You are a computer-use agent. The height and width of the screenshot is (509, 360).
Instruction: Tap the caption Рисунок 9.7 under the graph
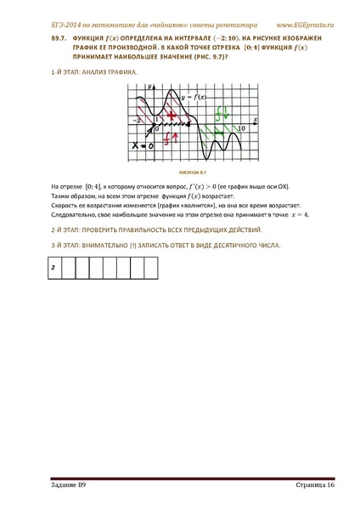click(x=179, y=171)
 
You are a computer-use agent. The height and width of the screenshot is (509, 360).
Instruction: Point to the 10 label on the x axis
click(x=241, y=127)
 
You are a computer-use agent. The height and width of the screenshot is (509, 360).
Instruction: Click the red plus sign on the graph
click(x=172, y=113)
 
